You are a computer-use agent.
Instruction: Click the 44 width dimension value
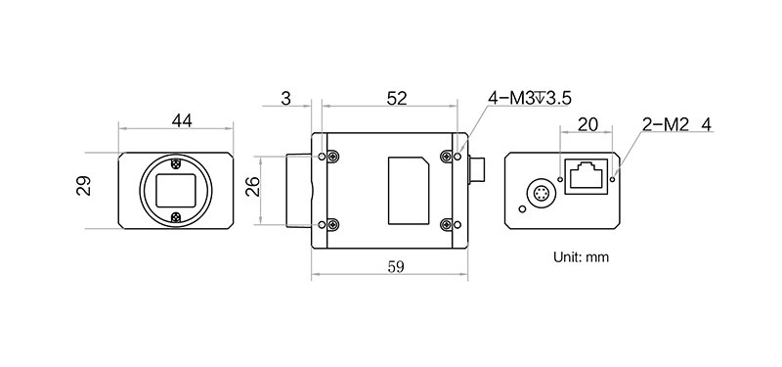pyautogui.click(x=182, y=120)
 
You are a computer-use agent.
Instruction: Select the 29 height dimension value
pyautogui.click(x=84, y=186)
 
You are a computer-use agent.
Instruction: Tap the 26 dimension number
pyautogui.click(x=253, y=186)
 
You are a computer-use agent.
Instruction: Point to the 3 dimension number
pyautogui.click(x=285, y=99)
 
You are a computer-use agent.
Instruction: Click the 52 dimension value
pyautogui.click(x=397, y=99)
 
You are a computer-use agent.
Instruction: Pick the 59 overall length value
pyautogui.click(x=396, y=266)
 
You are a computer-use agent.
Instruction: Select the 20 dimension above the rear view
pyautogui.click(x=587, y=124)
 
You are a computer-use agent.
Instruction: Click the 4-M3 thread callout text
pyautogui.click(x=529, y=99)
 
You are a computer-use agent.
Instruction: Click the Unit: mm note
pyautogui.click(x=581, y=257)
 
